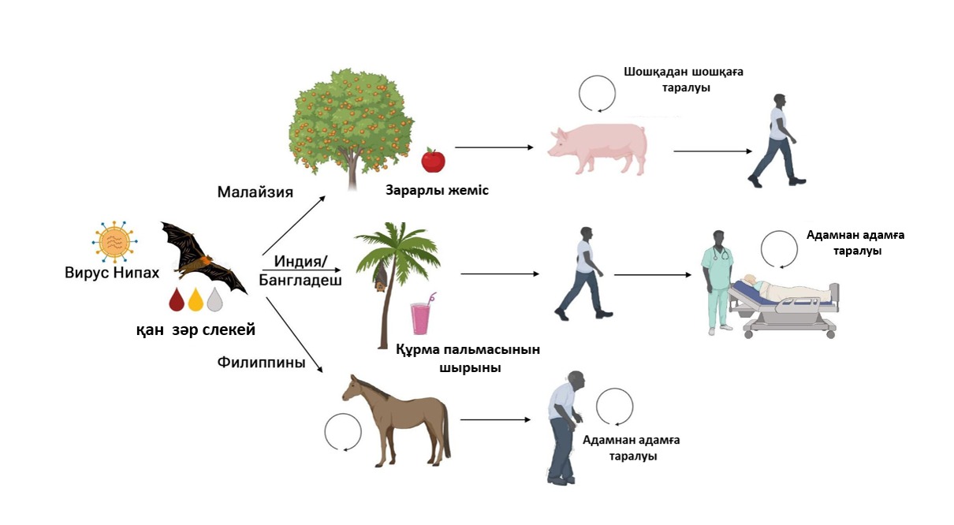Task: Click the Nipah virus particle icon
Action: pos(114,242)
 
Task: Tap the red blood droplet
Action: pos(177,300)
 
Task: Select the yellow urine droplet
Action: pos(196,300)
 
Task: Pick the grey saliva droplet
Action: pos(214,300)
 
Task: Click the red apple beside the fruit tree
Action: pos(433,160)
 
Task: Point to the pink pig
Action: pos(598,149)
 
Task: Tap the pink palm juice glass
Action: pos(422,315)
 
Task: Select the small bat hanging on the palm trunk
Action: pos(380,276)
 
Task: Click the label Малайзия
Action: pos(255,192)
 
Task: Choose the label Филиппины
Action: pos(262,363)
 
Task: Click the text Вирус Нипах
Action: pos(112,273)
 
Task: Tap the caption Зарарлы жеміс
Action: pos(437,190)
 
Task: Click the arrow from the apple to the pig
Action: pos(494,147)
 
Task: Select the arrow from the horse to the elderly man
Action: pos(495,420)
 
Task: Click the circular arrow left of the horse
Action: pos(343,432)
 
